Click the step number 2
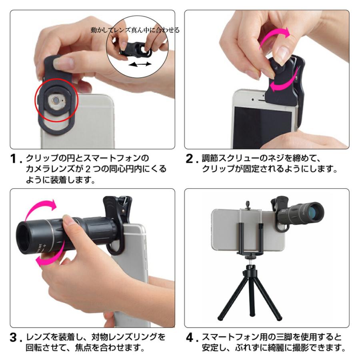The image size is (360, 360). pos(190,159)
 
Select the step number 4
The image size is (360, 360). pos(190,338)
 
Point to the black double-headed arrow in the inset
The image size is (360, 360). pos(140,64)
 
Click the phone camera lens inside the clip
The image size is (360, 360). pos(56,100)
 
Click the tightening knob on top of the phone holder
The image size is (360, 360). pos(248,204)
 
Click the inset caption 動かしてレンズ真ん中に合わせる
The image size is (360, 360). pos(135,30)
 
